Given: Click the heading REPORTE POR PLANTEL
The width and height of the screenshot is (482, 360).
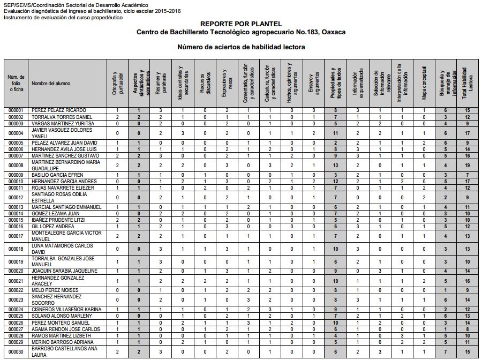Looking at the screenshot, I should (240, 24).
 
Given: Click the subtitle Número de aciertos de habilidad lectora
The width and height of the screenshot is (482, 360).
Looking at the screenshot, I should (241, 47).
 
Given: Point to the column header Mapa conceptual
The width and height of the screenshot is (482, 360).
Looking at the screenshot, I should (423, 83).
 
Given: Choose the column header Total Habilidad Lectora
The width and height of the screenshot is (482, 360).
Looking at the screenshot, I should (468, 83).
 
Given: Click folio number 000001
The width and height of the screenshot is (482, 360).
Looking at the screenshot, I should (16, 110).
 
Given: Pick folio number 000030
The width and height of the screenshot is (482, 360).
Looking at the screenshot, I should (16, 351).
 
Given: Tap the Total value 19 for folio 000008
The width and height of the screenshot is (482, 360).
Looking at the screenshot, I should (468, 165).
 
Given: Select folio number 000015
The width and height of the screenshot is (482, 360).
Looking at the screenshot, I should (16, 220).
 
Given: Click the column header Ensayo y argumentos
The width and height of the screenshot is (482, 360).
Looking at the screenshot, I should (313, 83).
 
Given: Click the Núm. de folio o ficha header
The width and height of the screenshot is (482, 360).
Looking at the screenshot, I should (16, 84).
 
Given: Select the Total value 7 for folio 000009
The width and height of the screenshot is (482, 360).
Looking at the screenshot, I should (468, 175).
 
